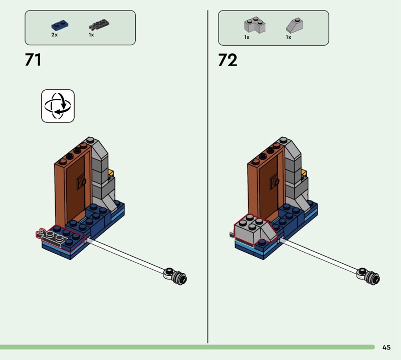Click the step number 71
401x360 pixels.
[x=33, y=60]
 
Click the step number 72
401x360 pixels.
[x=228, y=60]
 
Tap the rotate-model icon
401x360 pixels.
[x=58, y=106]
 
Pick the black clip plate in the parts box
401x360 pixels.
[x=99, y=24]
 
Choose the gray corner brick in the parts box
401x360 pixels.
[x=255, y=25]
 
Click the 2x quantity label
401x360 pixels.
[x=55, y=35]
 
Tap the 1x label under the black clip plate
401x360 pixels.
[x=91, y=35]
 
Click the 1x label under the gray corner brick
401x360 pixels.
[x=247, y=38]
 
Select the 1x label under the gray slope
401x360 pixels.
[x=289, y=38]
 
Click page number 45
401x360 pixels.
[x=386, y=347]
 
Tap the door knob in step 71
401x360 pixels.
[x=82, y=182]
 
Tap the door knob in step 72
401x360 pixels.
[x=275, y=182]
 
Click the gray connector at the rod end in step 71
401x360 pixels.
[x=176, y=276]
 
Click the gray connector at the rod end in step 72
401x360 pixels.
[x=369, y=276]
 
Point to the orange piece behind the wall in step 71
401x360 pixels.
[x=111, y=172]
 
